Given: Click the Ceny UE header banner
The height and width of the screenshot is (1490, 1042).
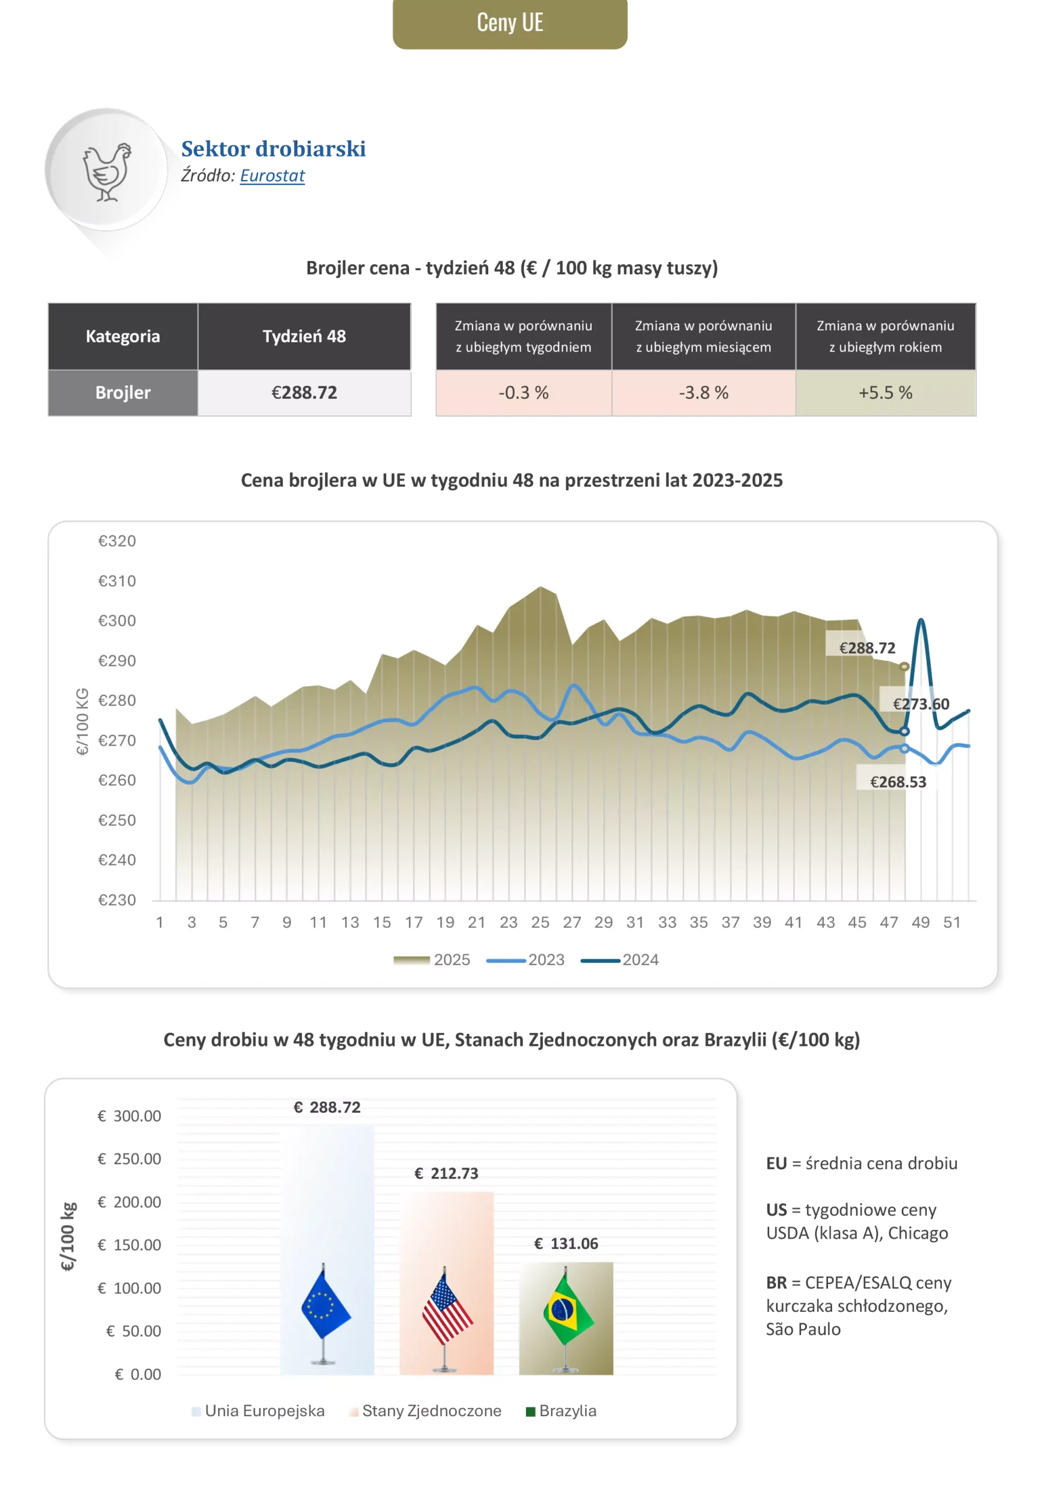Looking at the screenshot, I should point(509,24).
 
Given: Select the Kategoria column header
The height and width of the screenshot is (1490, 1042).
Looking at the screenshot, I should point(123,336).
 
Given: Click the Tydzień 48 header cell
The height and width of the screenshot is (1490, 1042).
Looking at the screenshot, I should point(304,336).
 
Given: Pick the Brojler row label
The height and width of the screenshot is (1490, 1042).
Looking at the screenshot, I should point(123,393).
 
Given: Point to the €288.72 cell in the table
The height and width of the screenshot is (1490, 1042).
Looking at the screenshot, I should point(304,393).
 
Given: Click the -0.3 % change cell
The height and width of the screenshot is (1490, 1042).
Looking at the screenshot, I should point(524,393).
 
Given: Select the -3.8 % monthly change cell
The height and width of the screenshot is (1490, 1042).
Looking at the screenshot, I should point(703,393).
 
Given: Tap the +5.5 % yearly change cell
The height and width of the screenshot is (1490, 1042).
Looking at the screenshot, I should point(885,393).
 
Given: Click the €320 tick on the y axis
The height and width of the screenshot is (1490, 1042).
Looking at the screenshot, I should point(117,541).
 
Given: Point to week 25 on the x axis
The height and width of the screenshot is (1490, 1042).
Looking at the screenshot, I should point(540,922).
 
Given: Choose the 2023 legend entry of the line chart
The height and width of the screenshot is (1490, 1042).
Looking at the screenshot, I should point(526,960).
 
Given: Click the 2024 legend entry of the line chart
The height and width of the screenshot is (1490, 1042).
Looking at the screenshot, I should point(620,960).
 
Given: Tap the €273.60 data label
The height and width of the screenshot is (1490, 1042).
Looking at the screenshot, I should point(920,704).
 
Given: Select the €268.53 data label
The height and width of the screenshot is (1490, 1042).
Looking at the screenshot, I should point(898,782).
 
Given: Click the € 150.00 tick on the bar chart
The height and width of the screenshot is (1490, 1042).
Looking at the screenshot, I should point(129,1245).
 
